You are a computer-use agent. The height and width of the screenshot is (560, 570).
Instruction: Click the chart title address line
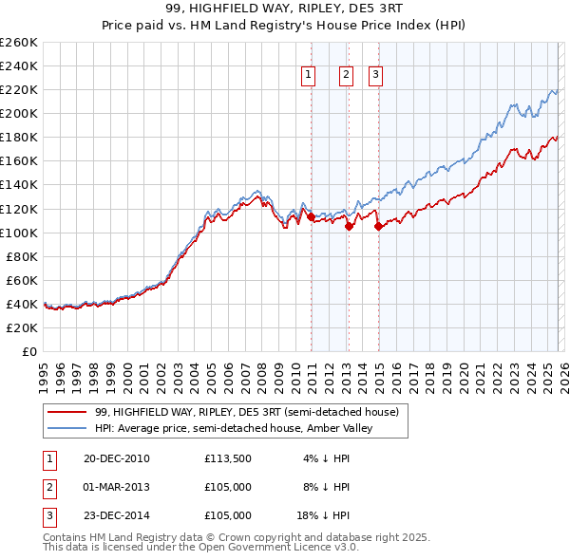tap(284, 9)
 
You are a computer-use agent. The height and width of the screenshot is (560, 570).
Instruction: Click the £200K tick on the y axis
tap(19, 113)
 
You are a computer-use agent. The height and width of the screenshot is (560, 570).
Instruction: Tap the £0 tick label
tap(28, 351)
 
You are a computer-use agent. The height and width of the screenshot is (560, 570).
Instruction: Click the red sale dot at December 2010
tap(311, 216)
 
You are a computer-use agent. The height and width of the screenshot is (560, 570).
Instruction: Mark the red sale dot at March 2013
tap(349, 227)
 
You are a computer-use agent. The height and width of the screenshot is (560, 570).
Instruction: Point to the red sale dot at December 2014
tap(378, 227)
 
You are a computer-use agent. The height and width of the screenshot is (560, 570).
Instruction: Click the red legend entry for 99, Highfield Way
tap(252, 412)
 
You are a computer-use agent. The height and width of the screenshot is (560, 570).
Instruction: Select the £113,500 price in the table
tap(227, 458)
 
